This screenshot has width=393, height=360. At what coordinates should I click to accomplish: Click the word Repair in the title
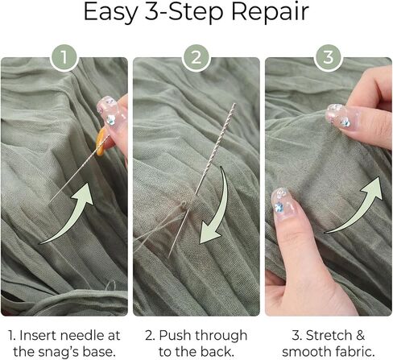click(270, 13)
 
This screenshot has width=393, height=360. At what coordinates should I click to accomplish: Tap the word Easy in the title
click(110, 13)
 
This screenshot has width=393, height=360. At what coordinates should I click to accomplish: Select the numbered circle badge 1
click(64, 57)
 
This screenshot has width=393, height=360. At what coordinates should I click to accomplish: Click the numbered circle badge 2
click(196, 57)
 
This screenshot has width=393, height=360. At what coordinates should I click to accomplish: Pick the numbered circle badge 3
click(329, 57)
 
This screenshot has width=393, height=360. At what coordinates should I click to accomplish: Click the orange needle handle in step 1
click(101, 142)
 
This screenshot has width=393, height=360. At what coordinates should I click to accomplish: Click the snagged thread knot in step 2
click(184, 205)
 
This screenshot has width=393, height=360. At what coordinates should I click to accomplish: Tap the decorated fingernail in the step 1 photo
click(111, 112)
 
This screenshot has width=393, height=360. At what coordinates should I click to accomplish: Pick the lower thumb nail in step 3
click(282, 205)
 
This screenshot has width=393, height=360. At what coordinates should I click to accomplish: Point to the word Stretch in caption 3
click(329, 336)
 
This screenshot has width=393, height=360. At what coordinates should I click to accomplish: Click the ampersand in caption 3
click(360, 336)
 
